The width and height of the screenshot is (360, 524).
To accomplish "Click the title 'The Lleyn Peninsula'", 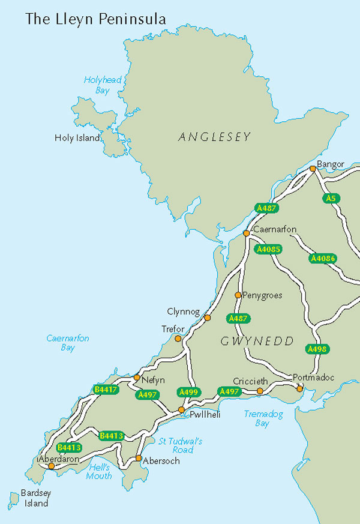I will point(95,19).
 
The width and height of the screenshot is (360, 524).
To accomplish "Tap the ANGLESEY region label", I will point(214,137).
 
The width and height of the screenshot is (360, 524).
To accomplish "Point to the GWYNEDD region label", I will point(257,341).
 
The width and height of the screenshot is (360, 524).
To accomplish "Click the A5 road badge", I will point(331,198).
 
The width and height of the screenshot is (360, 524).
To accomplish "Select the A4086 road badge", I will point(323,259).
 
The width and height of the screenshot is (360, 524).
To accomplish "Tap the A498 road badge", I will point(316,349).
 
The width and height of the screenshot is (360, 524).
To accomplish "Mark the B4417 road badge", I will point(106,390).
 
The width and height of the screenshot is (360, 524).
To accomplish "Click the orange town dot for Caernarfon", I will point(246,233).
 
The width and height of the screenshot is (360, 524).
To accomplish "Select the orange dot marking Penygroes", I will point(238,295).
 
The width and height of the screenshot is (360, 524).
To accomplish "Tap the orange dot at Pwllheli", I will point(181,409).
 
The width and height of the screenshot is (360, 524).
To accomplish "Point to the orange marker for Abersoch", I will point(139,458).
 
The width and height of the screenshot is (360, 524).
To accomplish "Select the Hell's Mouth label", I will point(99,471).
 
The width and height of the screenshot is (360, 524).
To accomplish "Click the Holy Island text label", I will point(77,137).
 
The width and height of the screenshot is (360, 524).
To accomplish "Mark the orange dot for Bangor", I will point(312,169).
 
